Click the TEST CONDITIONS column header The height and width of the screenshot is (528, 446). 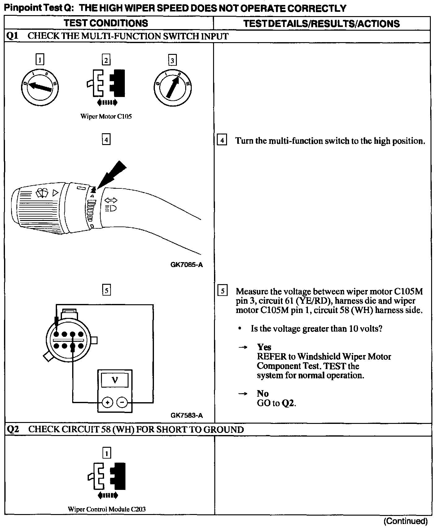click(106, 23)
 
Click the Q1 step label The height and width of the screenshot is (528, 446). click(12, 36)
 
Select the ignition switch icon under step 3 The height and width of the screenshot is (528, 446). click(173, 87)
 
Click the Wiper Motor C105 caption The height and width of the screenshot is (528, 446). click(106, 117)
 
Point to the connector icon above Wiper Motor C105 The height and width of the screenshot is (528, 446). click(106, 83)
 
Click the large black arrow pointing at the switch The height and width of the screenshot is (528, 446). click(111, 174)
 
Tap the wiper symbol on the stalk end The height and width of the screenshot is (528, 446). click(42, 193)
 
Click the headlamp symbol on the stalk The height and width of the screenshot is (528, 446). click(111, 208)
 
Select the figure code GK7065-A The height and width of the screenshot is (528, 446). click(186, 265)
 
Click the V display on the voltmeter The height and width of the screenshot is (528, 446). click(115, 380)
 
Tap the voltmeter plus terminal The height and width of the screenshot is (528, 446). click(107, 403)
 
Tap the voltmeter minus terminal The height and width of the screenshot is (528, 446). click(122, 403)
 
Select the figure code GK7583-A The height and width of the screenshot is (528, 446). click(186, 415)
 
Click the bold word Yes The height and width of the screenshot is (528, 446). click(264, 347)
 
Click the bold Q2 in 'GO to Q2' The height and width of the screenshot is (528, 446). click(288, 403)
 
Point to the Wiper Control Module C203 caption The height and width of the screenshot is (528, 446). click(107, 509)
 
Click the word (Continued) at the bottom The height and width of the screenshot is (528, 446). click(405, 521)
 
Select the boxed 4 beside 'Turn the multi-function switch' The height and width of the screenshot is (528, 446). click(222, 140)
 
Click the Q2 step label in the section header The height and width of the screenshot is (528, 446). click(13, 429)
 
